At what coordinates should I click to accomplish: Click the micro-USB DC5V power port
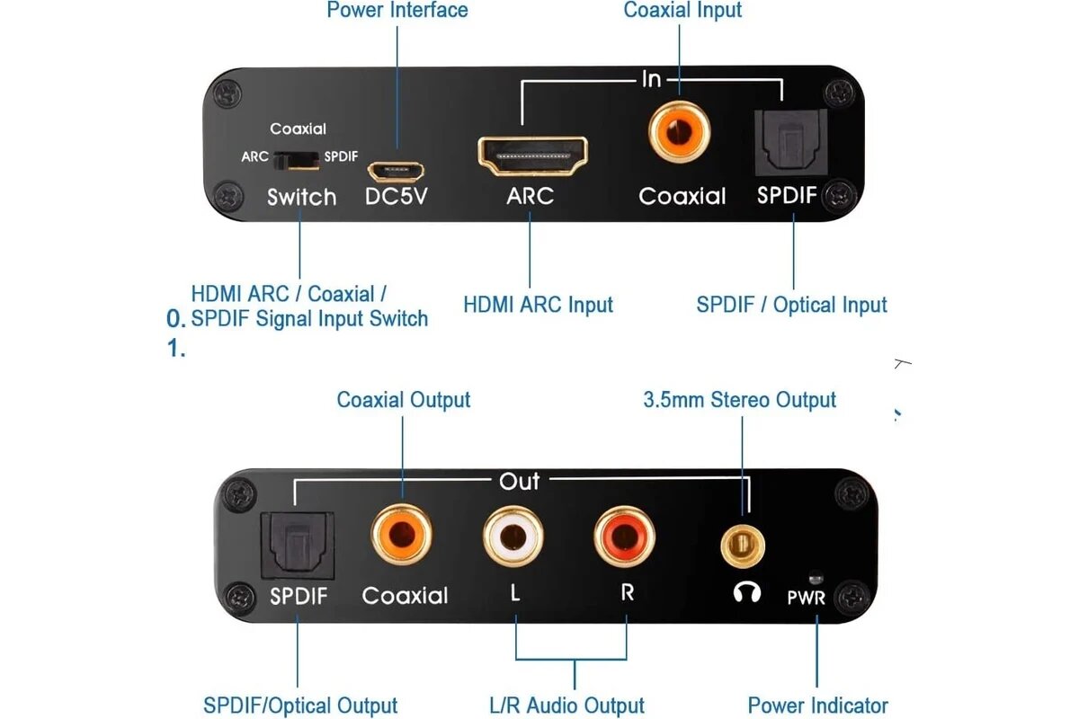pyautogui.click(x=396, y=169)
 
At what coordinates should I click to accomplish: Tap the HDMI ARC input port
pyautogui.click(x=532, y=155)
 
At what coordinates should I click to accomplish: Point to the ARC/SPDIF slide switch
pyautogui.click(x=297, y=159)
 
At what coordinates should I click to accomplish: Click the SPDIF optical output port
pyautogui.click(x=296, y=546)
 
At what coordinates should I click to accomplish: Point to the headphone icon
pyautogui.click(x=747, y=592)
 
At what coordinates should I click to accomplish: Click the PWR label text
pyautogui.click(x=806, y=597)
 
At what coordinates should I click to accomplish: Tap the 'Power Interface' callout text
pyautogui.click(x=397, y=11)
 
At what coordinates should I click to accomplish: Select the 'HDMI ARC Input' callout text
pyautogui.click(x=538, y=305)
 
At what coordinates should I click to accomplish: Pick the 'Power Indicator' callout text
pyautogui.click(x=817, y=706)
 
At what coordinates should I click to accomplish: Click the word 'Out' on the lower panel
pyautogui.click(x=519, y=482)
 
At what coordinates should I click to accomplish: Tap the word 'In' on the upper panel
pyautogui.click(x=651, y=80)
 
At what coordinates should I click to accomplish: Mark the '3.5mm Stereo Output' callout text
pyautogui.click(x=739, y=400)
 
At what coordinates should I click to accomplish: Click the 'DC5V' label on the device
pyautogui.click(x=396, y=196)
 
